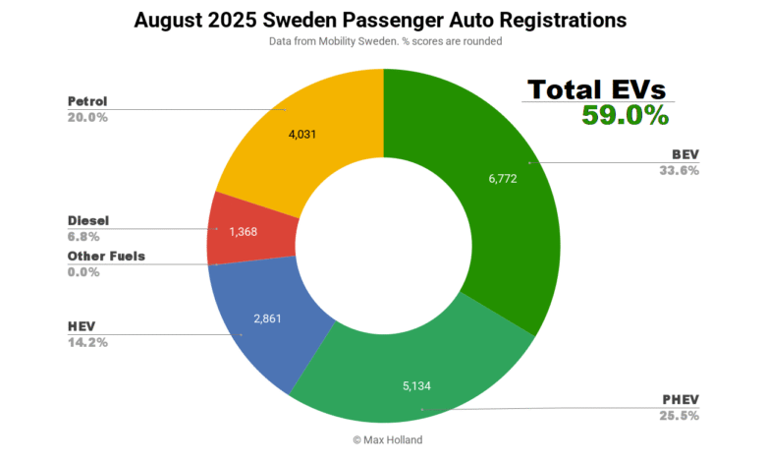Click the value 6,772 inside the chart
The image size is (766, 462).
click(496, 179)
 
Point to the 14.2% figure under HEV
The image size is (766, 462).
click(87, 342)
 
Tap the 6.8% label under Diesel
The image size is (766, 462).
click(84, 237)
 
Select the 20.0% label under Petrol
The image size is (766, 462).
click(87, 117)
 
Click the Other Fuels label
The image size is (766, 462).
click(106, 257)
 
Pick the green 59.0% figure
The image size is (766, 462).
click(625, 116)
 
